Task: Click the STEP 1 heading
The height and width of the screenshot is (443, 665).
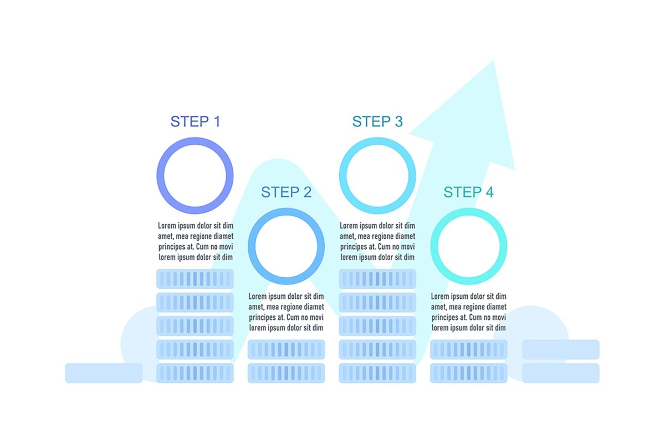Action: (195, 121)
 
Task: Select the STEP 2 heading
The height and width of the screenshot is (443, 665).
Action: (286, 192)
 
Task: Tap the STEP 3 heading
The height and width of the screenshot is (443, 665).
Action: (377, 121)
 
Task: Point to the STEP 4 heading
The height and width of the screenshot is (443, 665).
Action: (468, 192)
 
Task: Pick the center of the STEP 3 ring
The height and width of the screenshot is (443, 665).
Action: (377, 176)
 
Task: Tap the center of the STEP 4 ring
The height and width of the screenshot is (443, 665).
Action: (469, 246)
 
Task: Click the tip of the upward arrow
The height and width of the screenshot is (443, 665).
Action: (493, 61)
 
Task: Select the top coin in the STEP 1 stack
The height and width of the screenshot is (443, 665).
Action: (195, 279)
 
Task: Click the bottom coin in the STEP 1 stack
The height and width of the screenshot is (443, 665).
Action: (195, 373)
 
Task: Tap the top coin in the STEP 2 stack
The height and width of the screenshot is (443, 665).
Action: (286, 349)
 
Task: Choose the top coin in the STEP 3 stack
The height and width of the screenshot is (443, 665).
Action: (377, 279)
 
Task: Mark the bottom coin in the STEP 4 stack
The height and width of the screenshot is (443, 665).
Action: (469, 373)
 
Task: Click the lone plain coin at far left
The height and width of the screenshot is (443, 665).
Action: (104, 373)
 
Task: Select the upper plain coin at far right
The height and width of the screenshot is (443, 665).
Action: (561, 349)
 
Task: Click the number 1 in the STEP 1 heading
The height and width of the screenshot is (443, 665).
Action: (217, 121)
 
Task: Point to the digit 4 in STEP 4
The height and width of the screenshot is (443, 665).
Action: (489, 192)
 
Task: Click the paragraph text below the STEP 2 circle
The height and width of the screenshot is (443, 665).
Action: (286, 312)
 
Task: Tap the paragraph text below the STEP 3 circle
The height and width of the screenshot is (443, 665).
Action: (377, 241)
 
